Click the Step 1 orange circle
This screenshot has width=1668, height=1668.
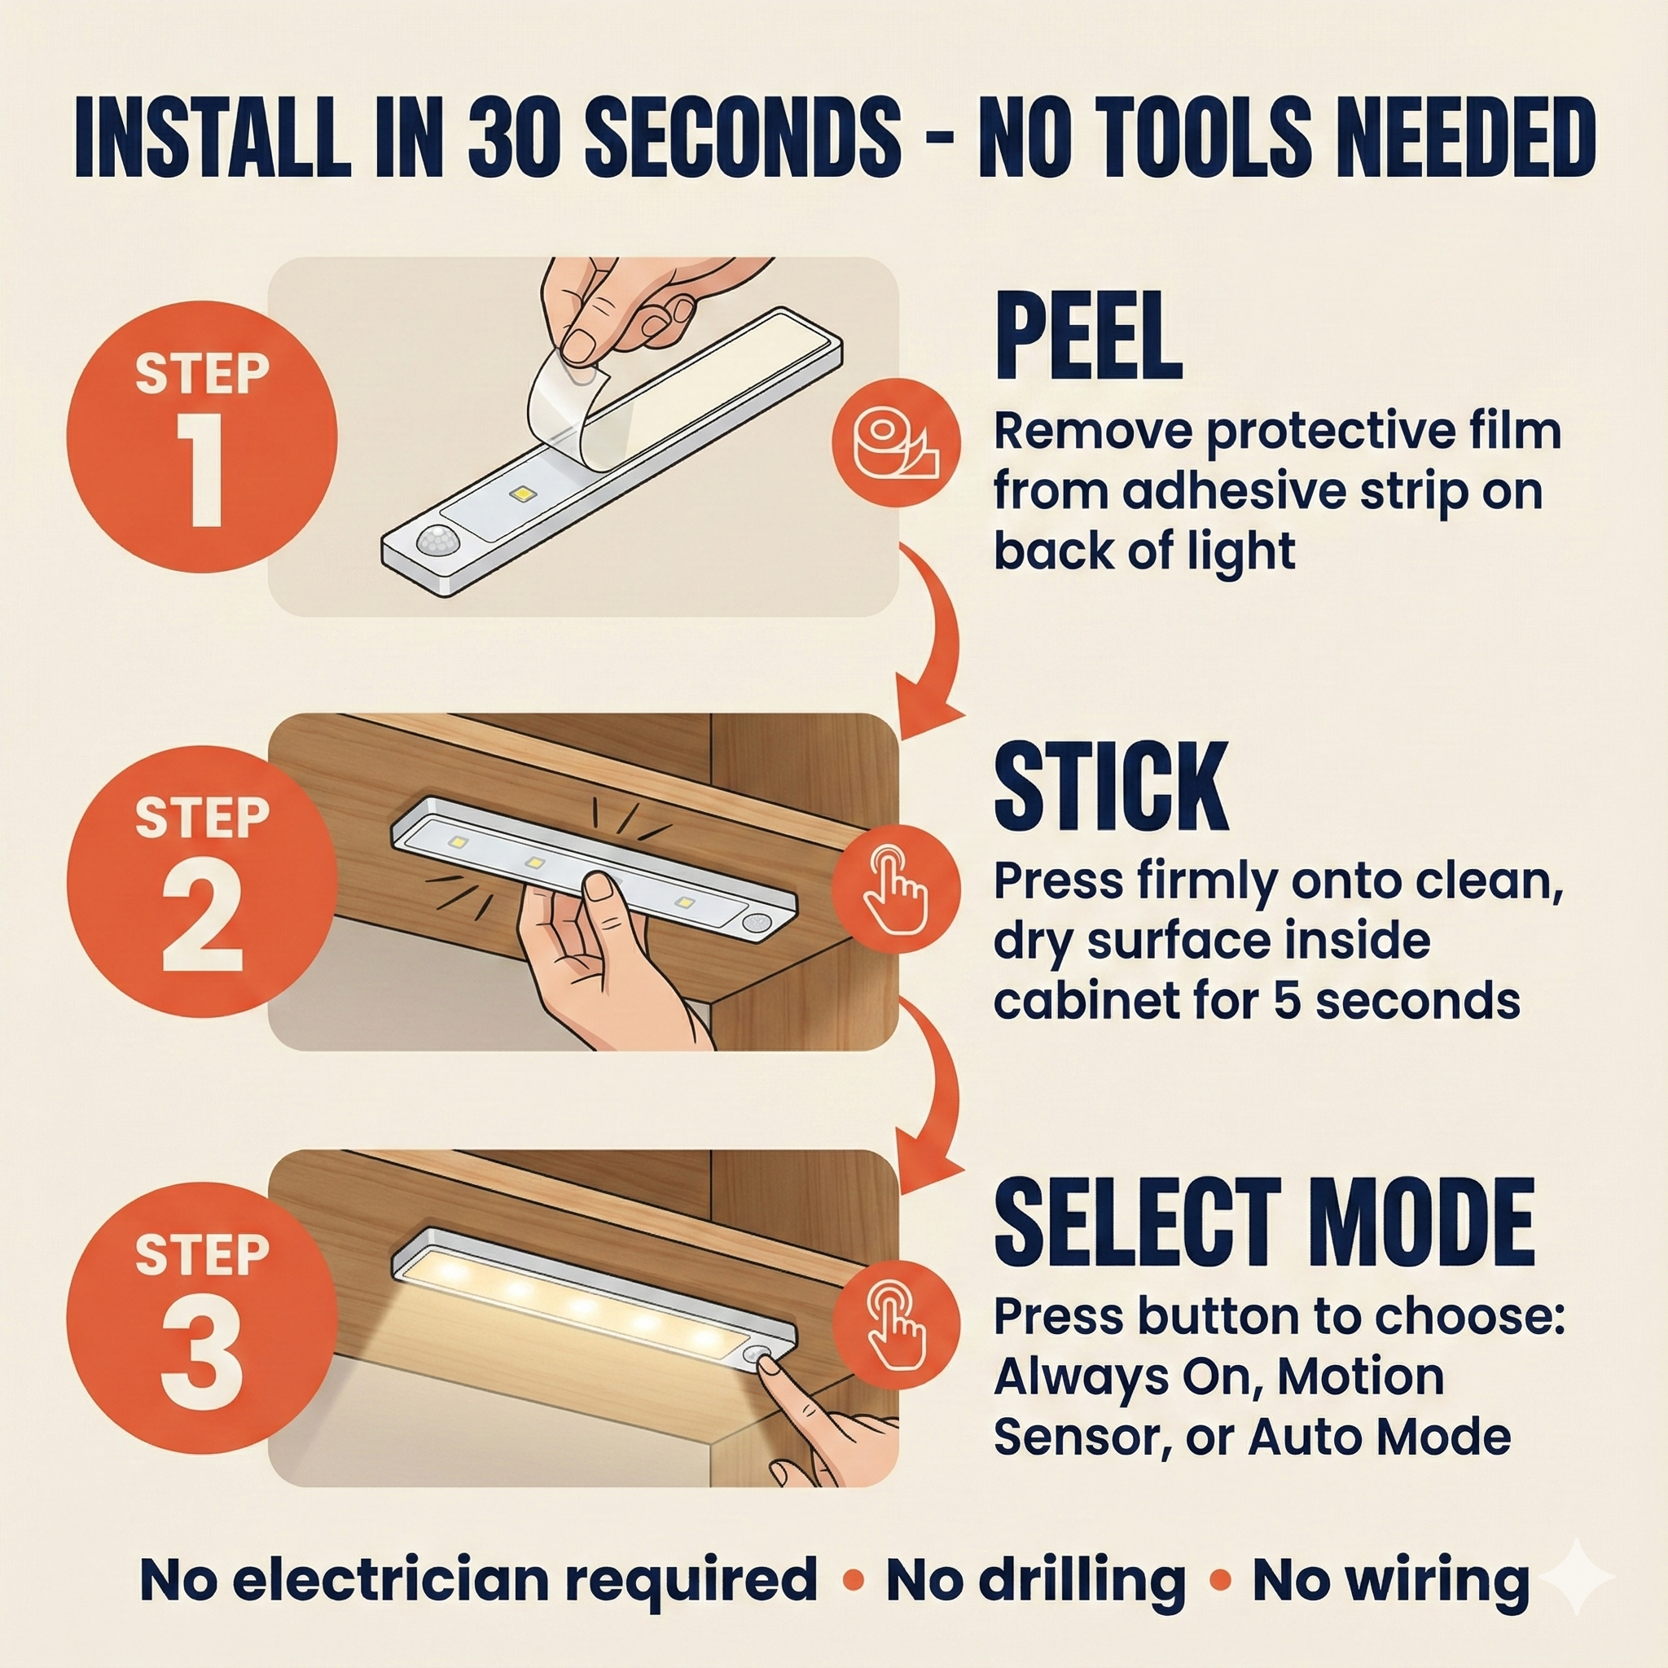pos(202,437)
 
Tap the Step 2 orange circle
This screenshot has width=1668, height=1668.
pos(202,880)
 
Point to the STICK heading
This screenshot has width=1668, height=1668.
pos(1111,786)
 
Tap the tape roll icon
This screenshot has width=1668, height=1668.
pos(896,443)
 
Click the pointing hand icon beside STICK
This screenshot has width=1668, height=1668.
pos(896,889)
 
